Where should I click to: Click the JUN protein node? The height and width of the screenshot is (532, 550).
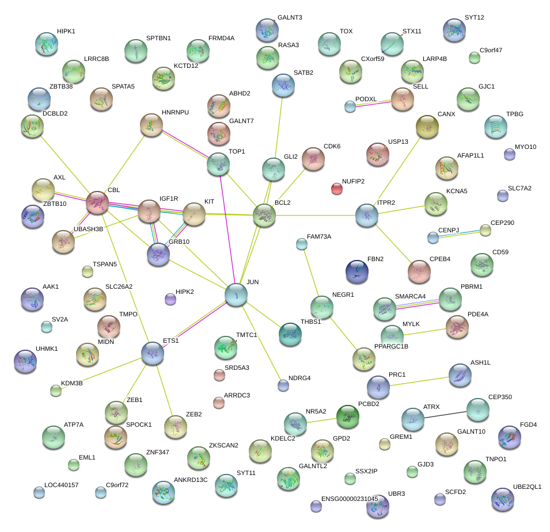coord(236,294)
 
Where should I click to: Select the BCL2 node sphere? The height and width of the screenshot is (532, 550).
coord(264,216)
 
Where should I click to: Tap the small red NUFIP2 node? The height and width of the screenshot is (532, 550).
coord(337,188)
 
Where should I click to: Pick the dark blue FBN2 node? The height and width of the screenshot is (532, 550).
coord(357,271)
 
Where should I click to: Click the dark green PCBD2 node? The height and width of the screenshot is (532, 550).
coord(347,416)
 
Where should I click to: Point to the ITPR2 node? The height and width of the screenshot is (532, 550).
coord(367,215)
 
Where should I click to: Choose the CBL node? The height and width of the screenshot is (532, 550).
coord(97,203)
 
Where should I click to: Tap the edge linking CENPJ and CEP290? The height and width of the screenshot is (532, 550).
coord(460,234)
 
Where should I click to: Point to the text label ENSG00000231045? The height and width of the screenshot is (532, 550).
coord(350,499)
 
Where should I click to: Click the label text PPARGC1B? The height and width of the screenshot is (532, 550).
coord(391,346)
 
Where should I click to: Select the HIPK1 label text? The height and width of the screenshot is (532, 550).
coord(66,30)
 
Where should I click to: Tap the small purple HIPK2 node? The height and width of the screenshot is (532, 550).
coord(170,299)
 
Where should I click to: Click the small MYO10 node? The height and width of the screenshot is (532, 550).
coord(509,154)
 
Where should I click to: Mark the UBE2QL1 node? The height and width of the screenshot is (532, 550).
coord(502,499)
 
